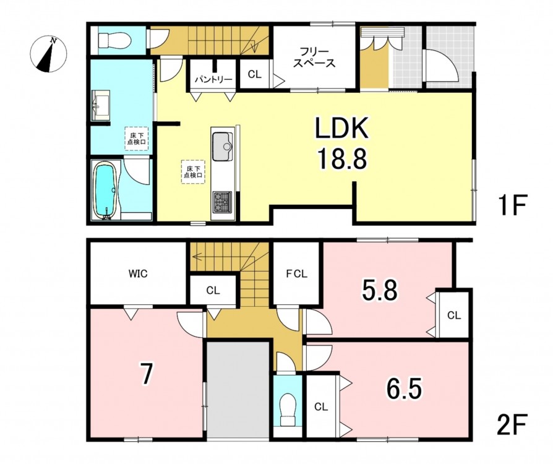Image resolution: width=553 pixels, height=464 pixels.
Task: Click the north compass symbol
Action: coord(49,54)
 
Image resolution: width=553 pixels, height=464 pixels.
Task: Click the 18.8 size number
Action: coord(342,158)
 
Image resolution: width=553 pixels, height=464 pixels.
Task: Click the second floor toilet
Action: coord(288,410)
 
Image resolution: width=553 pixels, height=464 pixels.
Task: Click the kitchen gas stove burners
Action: coord(222,202)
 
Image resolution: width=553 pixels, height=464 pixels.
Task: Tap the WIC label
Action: coord(138,273)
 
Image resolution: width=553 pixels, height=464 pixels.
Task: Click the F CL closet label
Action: coord(296,273)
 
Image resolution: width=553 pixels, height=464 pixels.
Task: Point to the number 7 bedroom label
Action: coord(147,375)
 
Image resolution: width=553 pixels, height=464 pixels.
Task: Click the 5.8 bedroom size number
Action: coord(380,290)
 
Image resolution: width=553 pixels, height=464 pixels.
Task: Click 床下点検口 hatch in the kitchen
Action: coord(193,172)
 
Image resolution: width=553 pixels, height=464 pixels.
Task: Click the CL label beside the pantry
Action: coord(255,74)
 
